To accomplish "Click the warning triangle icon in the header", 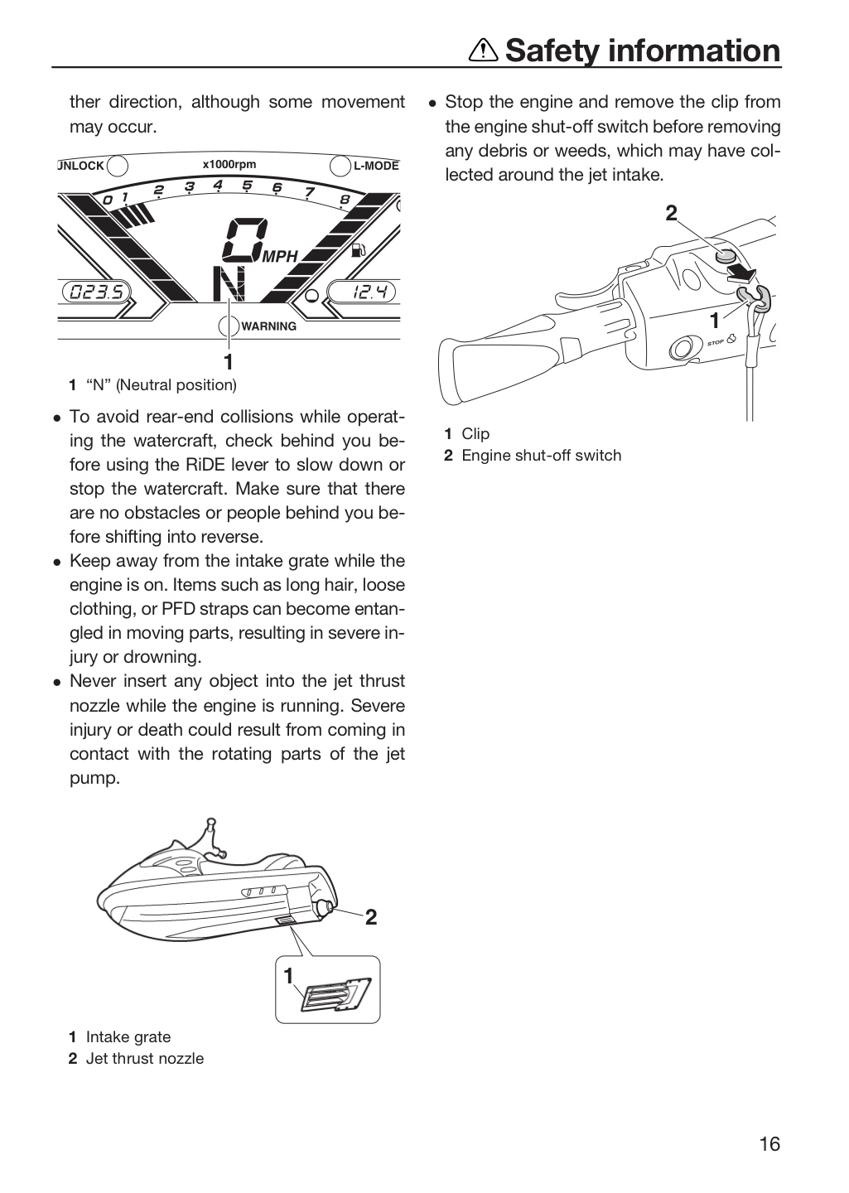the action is point(484,51).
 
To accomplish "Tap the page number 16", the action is point(769,1144).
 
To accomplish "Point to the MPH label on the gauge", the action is point(280,257).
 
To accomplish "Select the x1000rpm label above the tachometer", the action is point(229,164).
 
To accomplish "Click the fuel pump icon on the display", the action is point(359,250).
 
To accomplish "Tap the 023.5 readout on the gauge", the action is point(96,292).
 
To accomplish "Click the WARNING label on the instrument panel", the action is point(269,326).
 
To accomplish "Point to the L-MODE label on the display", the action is point(376,166).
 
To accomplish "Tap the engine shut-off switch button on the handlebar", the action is point(724,258).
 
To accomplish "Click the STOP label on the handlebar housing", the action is point(716,342).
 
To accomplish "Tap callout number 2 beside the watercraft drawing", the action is point(371,917).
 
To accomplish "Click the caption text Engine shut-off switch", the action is point(542,456).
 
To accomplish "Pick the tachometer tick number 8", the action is point(345,200).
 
